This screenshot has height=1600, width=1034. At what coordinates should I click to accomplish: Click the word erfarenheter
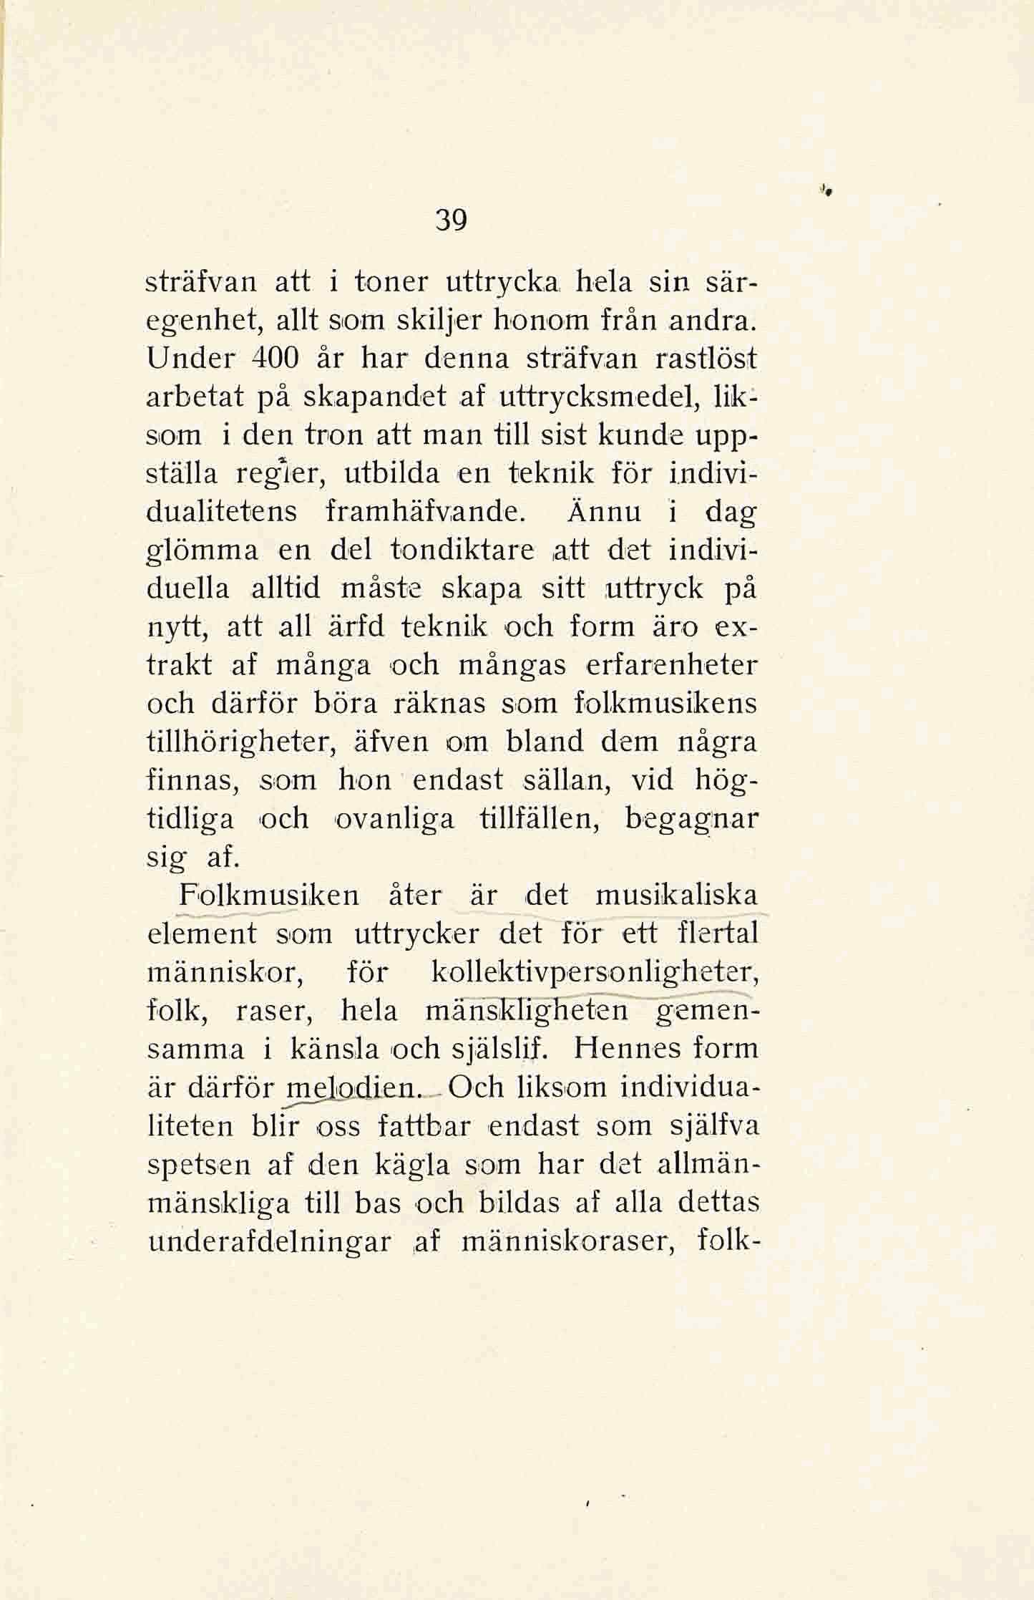tap(671, 666)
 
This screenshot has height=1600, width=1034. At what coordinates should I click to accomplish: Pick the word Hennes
tap(630, 1049)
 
